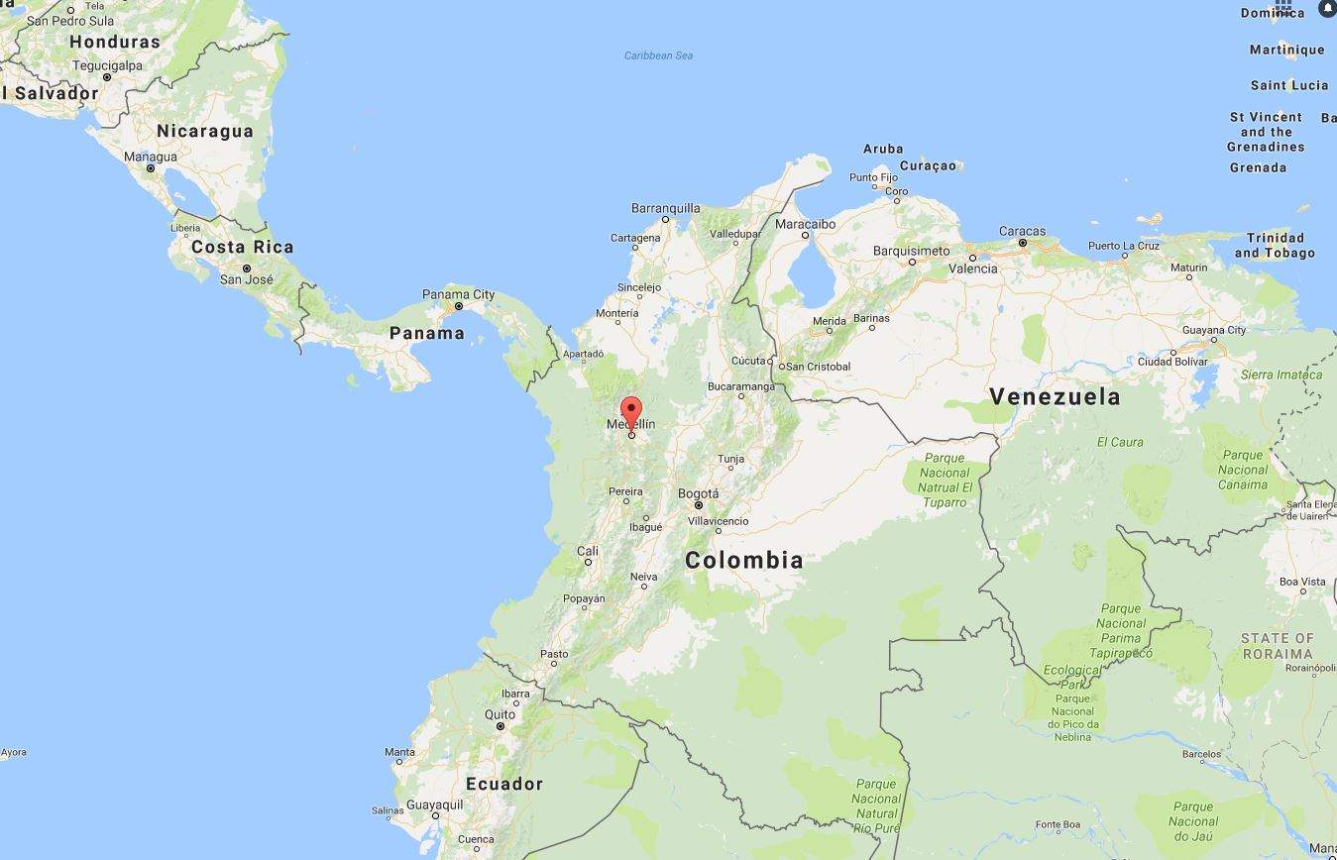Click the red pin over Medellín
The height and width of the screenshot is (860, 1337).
631,410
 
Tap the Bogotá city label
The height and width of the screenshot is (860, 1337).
699,493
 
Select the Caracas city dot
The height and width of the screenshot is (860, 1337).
1022,243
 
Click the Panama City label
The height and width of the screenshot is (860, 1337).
458,294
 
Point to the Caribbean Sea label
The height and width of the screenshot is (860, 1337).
658,55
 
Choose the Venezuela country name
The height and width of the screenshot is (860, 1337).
1055,397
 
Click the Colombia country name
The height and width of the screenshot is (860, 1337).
743,560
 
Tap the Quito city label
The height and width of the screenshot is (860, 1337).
500,714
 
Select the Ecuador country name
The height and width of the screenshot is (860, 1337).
504,784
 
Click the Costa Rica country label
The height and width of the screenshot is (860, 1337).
242,247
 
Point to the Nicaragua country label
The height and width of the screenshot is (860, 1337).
205,131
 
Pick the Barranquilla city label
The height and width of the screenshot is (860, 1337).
665,208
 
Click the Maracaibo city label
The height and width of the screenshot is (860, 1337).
805,224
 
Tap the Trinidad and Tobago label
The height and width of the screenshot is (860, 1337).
1275,245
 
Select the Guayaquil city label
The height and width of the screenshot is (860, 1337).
434,805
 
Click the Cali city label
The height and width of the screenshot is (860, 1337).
588,551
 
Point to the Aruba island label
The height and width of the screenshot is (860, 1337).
883,149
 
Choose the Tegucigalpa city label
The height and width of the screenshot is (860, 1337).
108,65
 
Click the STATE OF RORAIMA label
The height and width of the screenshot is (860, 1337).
1277,646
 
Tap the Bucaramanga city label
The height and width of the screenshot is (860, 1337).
740,386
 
